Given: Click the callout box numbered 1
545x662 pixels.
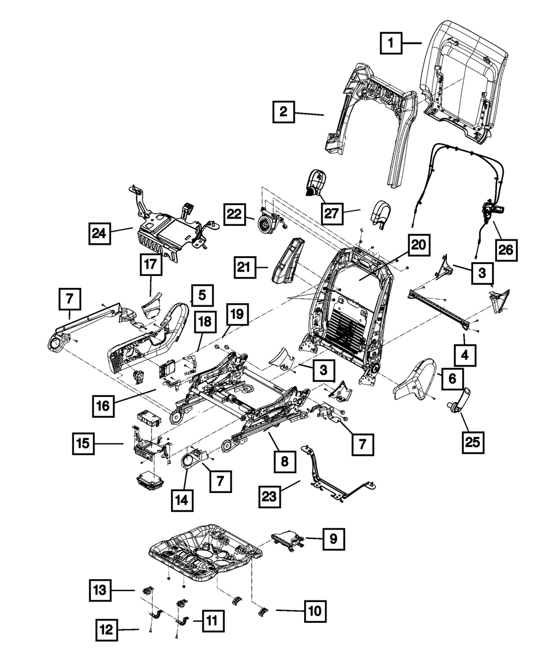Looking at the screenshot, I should [x=391, y=43].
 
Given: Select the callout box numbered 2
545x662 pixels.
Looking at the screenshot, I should [x=283, y=113].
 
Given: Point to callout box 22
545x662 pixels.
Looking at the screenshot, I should [x=234, y=214].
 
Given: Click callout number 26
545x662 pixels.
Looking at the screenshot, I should [x=505, y=250].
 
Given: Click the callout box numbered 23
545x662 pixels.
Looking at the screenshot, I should [x=271, y=496].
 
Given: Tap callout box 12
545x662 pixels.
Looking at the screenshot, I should [x=107, y=630].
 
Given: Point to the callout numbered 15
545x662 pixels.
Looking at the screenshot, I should [x=84, y=444].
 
